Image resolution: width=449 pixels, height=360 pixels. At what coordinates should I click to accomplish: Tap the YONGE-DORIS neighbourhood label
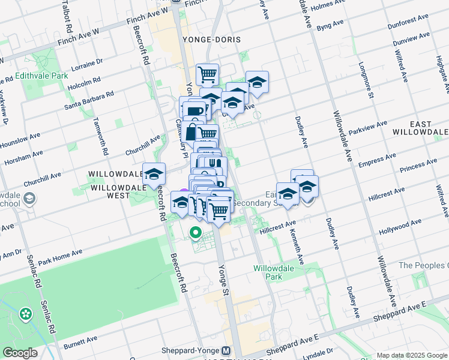pos(211,40)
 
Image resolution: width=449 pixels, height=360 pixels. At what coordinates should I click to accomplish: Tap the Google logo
pos(20,353)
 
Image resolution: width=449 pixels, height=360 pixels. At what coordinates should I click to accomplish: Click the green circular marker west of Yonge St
pos(196,232)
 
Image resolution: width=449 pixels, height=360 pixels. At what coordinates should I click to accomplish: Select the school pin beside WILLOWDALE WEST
pos(154,174)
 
